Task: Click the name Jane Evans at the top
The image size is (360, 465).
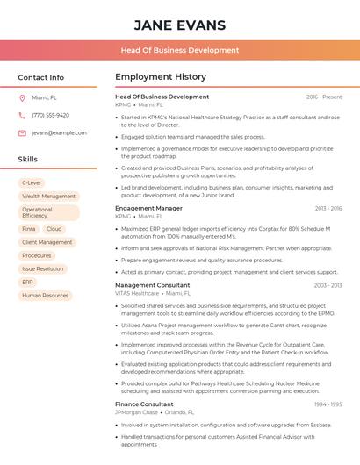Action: coord(180,25)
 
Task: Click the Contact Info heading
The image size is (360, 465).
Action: coord(41,77)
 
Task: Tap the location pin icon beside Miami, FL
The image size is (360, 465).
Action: coord(22,97)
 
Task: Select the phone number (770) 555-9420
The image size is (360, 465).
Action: coord(50,115)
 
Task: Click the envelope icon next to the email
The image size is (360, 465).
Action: coord(22,132)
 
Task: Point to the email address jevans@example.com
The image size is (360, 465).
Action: coord(59,132)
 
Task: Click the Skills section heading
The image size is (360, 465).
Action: coord(28,160)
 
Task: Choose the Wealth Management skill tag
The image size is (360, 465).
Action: coord(48,197)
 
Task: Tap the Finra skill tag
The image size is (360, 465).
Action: coord(29,228)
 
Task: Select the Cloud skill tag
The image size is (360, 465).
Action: coord(54,228)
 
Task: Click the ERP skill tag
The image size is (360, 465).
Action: coord(28,282)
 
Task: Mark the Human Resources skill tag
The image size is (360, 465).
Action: coord(45,296)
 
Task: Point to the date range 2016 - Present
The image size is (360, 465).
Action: coord(324,97)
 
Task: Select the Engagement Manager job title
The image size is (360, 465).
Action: coord(148,208)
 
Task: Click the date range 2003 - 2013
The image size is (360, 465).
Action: coord(328,285)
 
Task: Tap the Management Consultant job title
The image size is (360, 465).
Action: coord(152,285)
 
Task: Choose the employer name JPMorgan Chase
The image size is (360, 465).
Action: coord(136,411)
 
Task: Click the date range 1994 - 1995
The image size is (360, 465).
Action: coord(328,404)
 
